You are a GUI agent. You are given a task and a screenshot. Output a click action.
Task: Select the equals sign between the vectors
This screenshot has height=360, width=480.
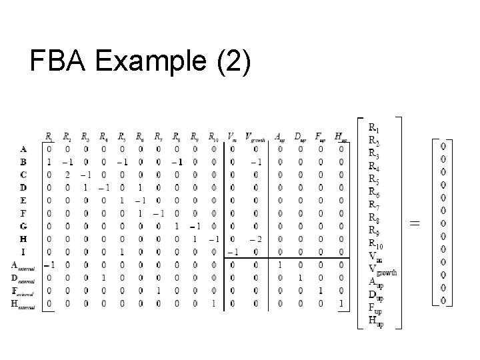(414, 224)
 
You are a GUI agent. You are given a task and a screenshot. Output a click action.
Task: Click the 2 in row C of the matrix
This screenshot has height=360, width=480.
(68, 175)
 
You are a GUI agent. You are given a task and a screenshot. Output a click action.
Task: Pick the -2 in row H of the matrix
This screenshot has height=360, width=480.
(255, 239)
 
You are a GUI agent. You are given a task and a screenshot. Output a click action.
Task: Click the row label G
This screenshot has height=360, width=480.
(23, 226)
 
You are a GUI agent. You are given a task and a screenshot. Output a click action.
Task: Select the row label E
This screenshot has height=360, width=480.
(23, 200)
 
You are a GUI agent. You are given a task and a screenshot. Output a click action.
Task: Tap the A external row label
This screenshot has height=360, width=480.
(26, 265)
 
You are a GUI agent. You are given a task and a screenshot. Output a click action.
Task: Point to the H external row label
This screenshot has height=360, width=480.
(26, 303)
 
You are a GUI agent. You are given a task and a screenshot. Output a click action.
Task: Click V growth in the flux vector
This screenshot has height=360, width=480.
(383, 271)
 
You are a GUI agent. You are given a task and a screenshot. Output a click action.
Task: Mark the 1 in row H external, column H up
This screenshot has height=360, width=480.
(341, 303)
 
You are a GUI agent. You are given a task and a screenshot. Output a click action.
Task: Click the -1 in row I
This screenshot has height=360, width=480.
(231, 252)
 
